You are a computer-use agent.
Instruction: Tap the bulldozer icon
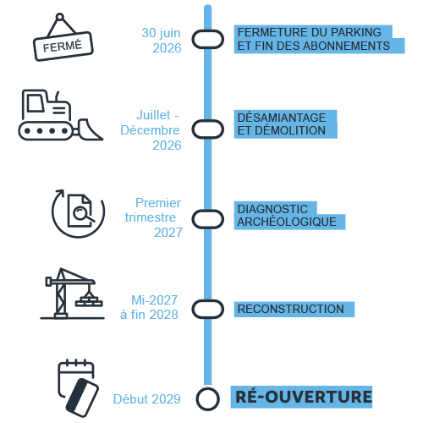[x=61, y=115]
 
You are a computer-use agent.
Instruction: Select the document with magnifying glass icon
[x=78, y=213]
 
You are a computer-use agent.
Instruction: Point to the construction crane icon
[x=72, y=294]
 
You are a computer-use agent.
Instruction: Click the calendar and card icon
[x=79, y=388]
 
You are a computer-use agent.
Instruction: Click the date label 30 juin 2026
[x=162, y=41]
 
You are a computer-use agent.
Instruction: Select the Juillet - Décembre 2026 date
[x=151, y=130]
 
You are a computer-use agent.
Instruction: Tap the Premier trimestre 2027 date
[x=154, y=217]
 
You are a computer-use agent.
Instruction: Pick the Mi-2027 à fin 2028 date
[x=149, y=307]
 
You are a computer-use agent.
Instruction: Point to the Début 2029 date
[x=146, y=399]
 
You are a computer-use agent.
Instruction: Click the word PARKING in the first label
[x=356, y=32]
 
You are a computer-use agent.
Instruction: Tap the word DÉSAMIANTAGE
[x=282, y=118]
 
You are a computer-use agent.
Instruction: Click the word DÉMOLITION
[x=290, y=130]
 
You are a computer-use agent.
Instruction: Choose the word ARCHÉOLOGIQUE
[x=287, y=222]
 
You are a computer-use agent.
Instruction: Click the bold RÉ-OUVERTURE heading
[x=304, y=397]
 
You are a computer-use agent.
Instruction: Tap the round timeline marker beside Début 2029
[x=208, y=399]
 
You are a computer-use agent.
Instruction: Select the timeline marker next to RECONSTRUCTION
[x=208, y=309]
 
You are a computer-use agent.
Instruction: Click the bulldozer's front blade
[x=90, y=129]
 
